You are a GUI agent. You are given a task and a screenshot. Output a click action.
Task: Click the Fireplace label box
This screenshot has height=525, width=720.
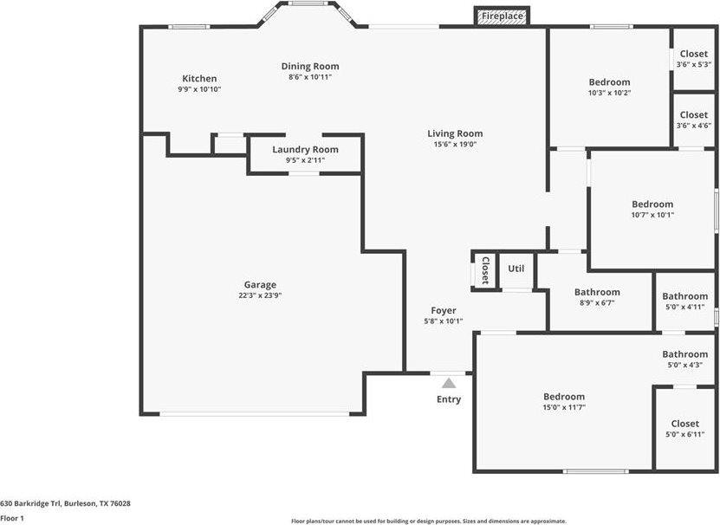(502, 16)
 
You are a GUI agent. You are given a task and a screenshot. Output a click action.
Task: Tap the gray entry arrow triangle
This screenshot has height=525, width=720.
(449, 383)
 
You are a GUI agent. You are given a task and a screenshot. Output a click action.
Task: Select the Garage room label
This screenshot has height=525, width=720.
(260, 285)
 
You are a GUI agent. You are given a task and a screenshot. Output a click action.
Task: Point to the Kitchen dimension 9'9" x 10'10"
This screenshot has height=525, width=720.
(200, 89)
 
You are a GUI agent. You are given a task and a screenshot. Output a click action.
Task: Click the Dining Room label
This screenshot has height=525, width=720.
(310, 66)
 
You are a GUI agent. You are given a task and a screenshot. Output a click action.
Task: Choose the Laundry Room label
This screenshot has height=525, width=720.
(305, 149)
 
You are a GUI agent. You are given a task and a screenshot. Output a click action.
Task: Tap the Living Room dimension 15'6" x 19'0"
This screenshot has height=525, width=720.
(455, 144)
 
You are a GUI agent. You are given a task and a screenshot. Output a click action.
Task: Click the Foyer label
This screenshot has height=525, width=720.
(444, 310)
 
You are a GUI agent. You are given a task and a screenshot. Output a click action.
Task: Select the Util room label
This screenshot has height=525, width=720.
(516, 269)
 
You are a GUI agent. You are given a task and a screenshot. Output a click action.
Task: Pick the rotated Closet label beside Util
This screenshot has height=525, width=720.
(485, 270)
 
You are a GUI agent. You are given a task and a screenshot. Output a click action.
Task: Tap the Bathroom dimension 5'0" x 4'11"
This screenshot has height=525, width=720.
(685, 308)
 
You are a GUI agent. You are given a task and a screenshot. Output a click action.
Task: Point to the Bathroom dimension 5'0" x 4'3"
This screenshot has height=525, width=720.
(685, 365)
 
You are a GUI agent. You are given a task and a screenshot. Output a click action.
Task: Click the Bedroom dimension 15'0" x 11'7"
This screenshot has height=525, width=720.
(564, 407)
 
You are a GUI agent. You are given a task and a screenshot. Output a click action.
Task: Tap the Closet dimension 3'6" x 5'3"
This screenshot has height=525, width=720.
(694, 65)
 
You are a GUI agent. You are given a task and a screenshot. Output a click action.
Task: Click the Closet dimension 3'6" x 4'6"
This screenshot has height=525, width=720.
(694, 126)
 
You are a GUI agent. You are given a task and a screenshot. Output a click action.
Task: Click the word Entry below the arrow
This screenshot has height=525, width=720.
(449, 399)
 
